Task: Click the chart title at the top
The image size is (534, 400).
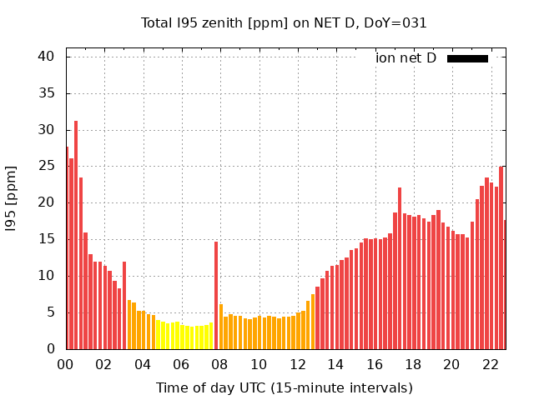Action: pos(284,23)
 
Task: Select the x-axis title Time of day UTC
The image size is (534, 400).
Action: pos(284,387)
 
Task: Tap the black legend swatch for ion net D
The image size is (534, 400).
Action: pos(467,58)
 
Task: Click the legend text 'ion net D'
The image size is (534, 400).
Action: pos(406,58)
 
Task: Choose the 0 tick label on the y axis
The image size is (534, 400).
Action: pos(50,349)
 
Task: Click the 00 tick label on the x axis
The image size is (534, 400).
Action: pos(65,364)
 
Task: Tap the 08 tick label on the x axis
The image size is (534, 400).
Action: pos(219,364)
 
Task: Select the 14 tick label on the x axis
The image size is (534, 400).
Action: pos(335,364)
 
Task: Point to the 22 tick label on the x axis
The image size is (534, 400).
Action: pos(491,364)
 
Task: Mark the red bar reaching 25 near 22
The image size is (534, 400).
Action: pos(501,257)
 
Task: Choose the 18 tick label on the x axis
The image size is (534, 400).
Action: pos(413,364)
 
